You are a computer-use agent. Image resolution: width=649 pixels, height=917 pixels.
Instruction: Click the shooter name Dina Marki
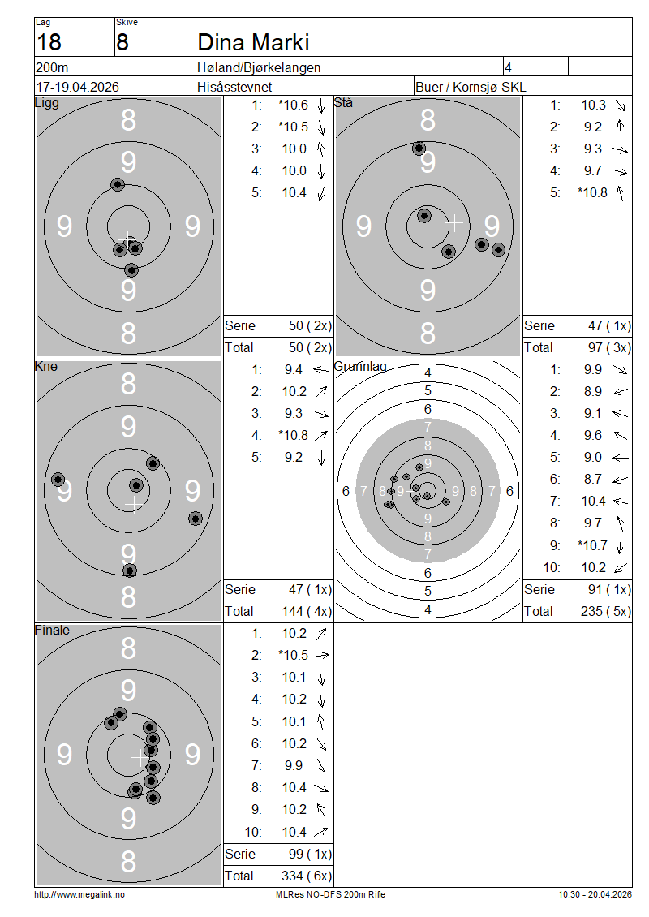pyautogui.click(x=253, y=43)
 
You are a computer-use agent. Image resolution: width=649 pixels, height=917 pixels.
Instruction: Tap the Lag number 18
pyautogui.click(x=49, y=43)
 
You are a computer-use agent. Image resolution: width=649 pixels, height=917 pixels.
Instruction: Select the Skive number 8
pyautogui.click(x=122, y=43)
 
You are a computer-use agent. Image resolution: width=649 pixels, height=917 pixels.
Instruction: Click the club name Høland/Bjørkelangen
pyautogui.click(x=259, y=68)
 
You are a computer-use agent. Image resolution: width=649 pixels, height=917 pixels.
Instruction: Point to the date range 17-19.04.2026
pyautogui.click(x=78, y=87)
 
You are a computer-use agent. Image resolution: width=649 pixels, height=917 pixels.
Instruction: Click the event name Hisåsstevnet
pyautogui.click(x=234, y=87)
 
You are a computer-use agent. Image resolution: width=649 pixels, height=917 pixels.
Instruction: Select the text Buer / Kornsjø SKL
pyautogui.click(x=471, y=87)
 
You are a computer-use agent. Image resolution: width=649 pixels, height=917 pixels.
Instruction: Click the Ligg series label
pyautogui.click(x=47, y=103)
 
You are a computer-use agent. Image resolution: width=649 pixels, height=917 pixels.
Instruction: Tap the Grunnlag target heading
pyautogui.click(x=360, y=367)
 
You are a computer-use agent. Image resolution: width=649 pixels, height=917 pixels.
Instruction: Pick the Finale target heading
pyautogui.click(x=52, y=631)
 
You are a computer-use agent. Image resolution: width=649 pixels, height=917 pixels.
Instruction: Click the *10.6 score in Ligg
pyautogui.click(x=293, y=105)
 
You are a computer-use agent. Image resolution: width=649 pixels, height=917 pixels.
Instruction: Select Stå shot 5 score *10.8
pyautogui.click(x=592, y=193)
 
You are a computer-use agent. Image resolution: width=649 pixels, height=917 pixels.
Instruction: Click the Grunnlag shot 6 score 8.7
pyautogui.click(x=592, y=480)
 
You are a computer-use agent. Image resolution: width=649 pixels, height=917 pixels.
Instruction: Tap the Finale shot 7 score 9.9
pyautogui.click(x=294, y=765)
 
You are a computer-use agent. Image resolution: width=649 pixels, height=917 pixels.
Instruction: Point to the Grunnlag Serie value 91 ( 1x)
pyautogui.click(x=609, y=589)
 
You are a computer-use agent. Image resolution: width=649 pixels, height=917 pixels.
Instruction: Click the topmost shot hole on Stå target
pyautogui.click(x=419, y=149)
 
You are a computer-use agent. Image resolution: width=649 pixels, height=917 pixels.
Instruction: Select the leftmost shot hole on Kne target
pyautogui.click(x=58, y=480)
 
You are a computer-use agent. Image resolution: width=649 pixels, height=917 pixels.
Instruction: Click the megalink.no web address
pyautogui.click(x=80, y=894)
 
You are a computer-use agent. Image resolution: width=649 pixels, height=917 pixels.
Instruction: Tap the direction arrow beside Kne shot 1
pyautogui.click(x=321, y=369)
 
